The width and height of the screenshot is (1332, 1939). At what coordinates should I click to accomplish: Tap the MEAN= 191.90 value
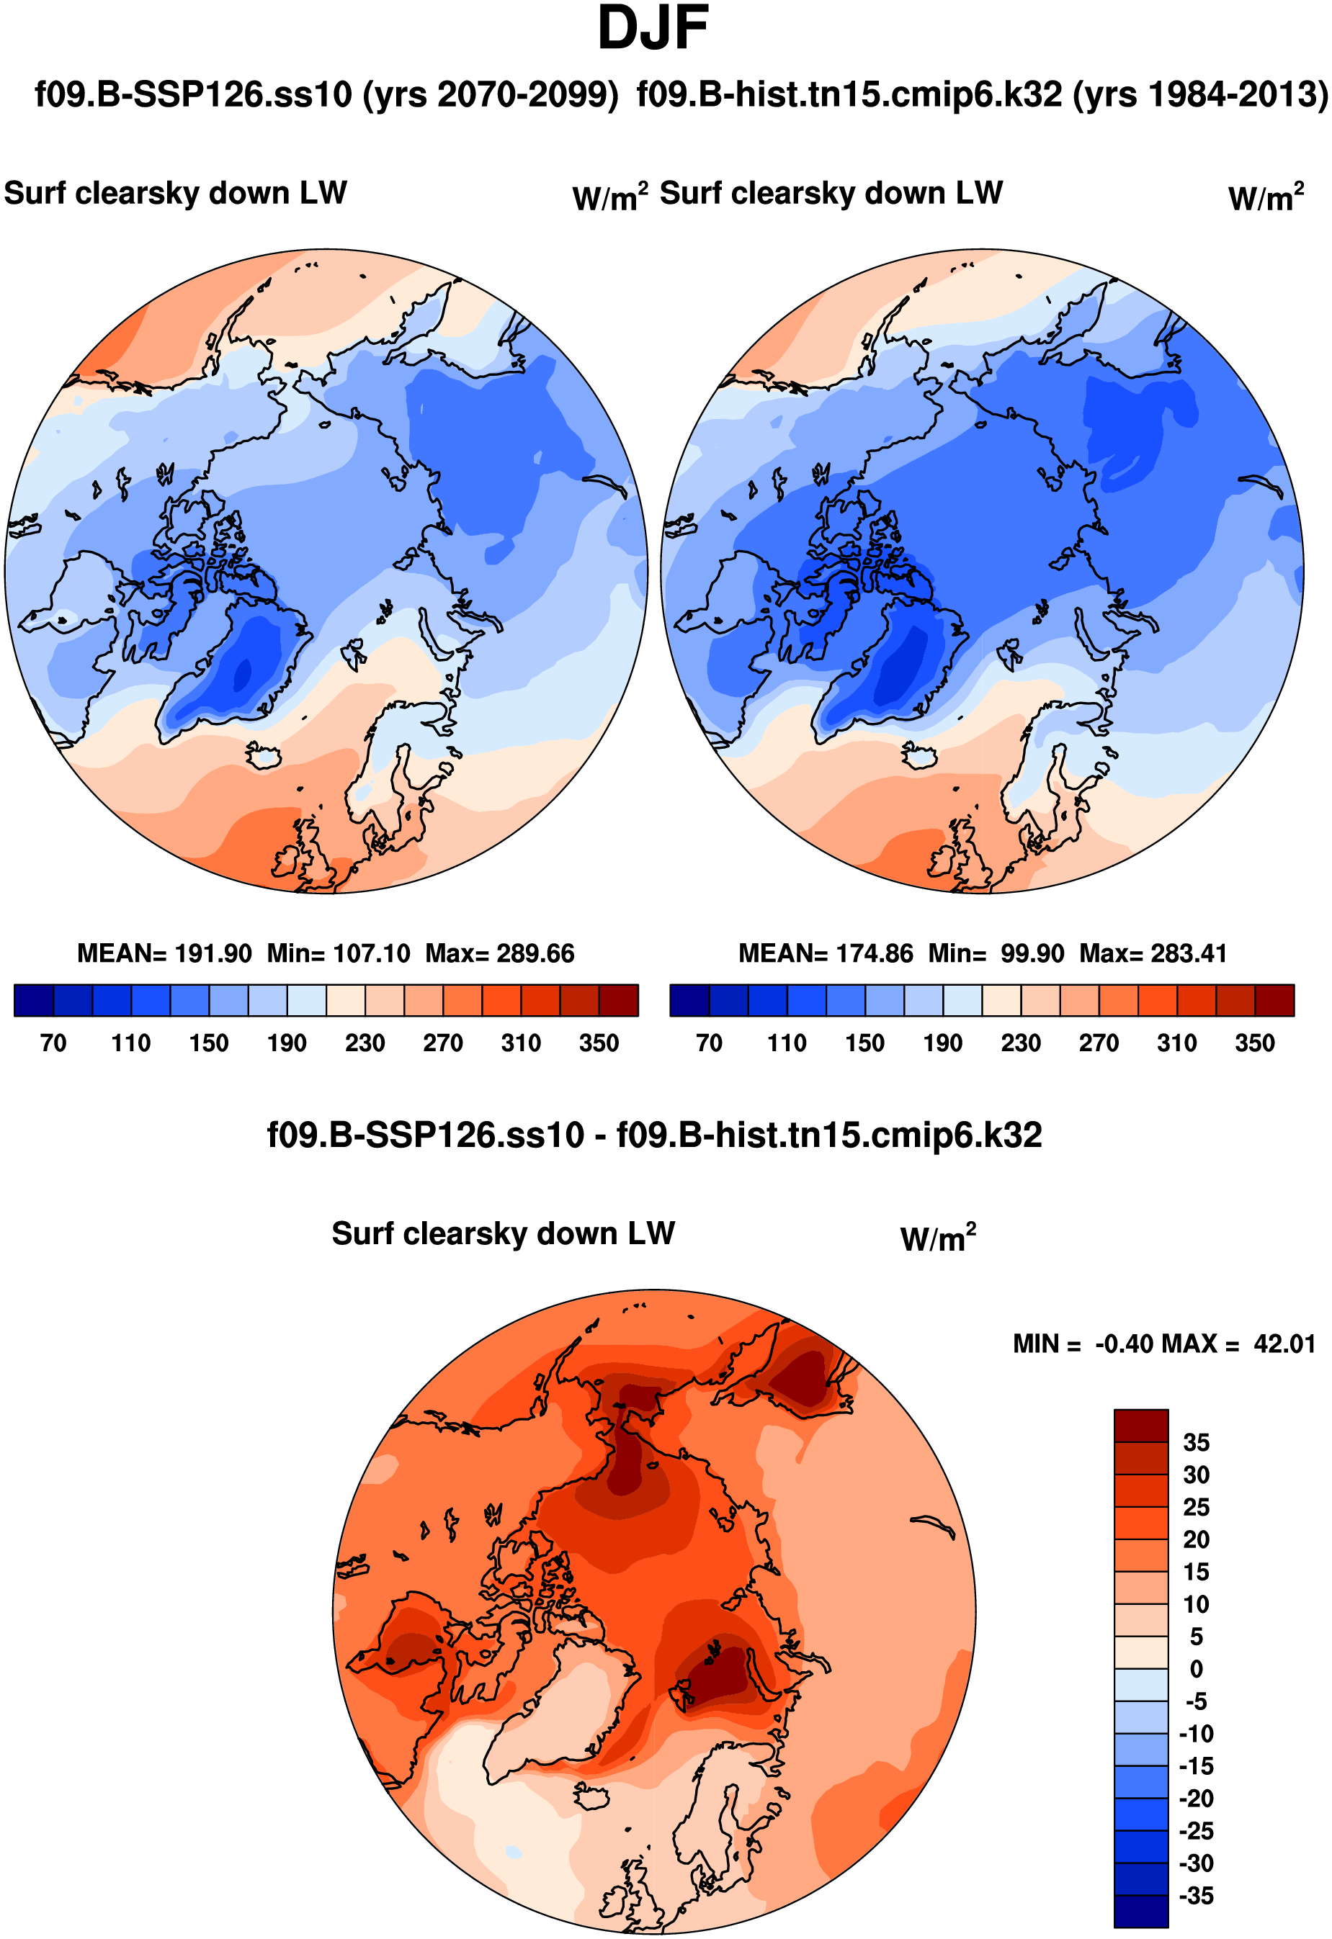coord(164,953)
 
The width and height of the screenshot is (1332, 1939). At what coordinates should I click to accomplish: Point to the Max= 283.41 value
coord(1153,953)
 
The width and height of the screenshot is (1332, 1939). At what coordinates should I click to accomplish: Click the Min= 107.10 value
coord(338,953)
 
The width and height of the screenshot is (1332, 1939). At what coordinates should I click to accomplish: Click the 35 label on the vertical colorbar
coord(1196,1444)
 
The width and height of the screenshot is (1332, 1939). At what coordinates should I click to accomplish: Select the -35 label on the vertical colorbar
coord(1196,1896)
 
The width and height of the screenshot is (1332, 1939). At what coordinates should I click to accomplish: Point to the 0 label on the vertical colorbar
coord(1196,1670)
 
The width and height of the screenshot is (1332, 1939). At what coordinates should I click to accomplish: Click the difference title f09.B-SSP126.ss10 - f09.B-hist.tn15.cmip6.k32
coord(653,1135)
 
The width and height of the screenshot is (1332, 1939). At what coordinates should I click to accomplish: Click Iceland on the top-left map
coord(264,756)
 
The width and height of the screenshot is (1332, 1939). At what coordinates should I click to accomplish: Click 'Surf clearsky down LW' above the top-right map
coord(831,194)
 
